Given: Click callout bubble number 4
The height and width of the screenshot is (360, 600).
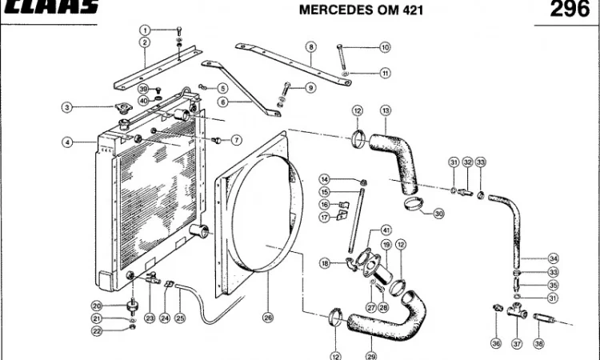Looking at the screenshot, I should click(x=68, y=142).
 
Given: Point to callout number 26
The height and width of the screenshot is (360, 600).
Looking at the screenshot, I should click(x=268, y=318).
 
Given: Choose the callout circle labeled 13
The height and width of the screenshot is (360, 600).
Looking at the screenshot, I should click(x=386, y=110).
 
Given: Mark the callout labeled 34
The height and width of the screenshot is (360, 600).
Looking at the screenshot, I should click(x=553, y=258).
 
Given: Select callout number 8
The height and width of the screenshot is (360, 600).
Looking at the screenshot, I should click(x=310, y=48).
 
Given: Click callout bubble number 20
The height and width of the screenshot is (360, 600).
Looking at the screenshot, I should click(x=96, y=305).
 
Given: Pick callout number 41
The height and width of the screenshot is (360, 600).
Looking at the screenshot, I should click(x=386, y=230).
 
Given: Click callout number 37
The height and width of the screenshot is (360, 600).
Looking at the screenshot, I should click(x=517, y=343).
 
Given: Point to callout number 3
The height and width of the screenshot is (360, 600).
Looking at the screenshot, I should click(x=68, y=107).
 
